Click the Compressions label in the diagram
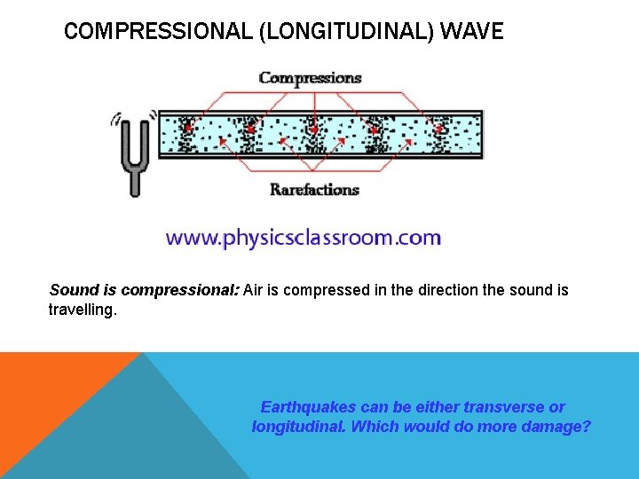coord(310,77)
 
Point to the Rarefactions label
coord(314,189)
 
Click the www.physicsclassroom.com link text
coord(303,238)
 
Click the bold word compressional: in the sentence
coord(181,291)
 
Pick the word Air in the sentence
coord(254,291)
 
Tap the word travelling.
coord(83,310)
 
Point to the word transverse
coord(501,407)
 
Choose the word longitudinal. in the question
coord(299,427)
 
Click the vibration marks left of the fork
coord(114,118)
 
